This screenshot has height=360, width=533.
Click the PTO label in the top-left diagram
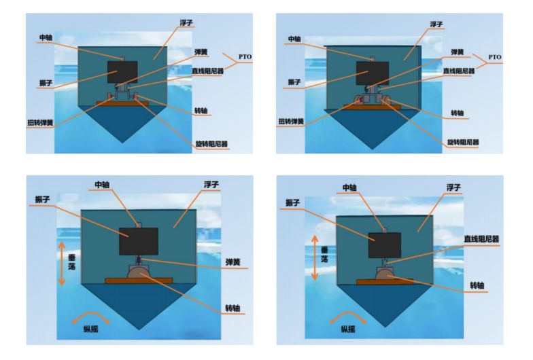pos(245,57)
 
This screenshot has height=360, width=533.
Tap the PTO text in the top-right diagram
pos(495,57)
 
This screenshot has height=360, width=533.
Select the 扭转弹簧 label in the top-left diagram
pos(41,122)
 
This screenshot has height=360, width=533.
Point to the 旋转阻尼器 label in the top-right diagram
pos(462,142)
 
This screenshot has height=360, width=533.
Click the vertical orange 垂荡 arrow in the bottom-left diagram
pos(61,264)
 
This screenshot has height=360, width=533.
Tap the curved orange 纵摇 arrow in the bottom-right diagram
pos(348,317)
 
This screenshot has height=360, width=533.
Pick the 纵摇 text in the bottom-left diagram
pos(91,329)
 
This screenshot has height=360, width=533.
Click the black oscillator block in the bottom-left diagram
pos(139,241)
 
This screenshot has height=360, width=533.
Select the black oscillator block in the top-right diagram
pos(373,73)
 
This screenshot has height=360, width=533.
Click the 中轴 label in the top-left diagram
pos(46,37)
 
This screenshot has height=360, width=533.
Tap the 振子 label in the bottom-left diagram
pos(42,200)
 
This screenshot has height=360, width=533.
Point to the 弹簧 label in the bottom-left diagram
pos(233,262)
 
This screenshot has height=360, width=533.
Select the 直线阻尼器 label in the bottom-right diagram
pos(481,239)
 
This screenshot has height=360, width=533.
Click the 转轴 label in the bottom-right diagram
pos(477,285)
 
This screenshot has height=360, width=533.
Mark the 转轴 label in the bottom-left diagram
pos(233,308)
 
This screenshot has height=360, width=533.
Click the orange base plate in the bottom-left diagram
pos(139,281)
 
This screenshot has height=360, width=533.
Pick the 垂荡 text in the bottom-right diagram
pos(325,254)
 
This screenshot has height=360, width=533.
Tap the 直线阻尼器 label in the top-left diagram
pos(208,71)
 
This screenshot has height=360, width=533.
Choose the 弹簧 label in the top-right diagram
pos(457,52)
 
